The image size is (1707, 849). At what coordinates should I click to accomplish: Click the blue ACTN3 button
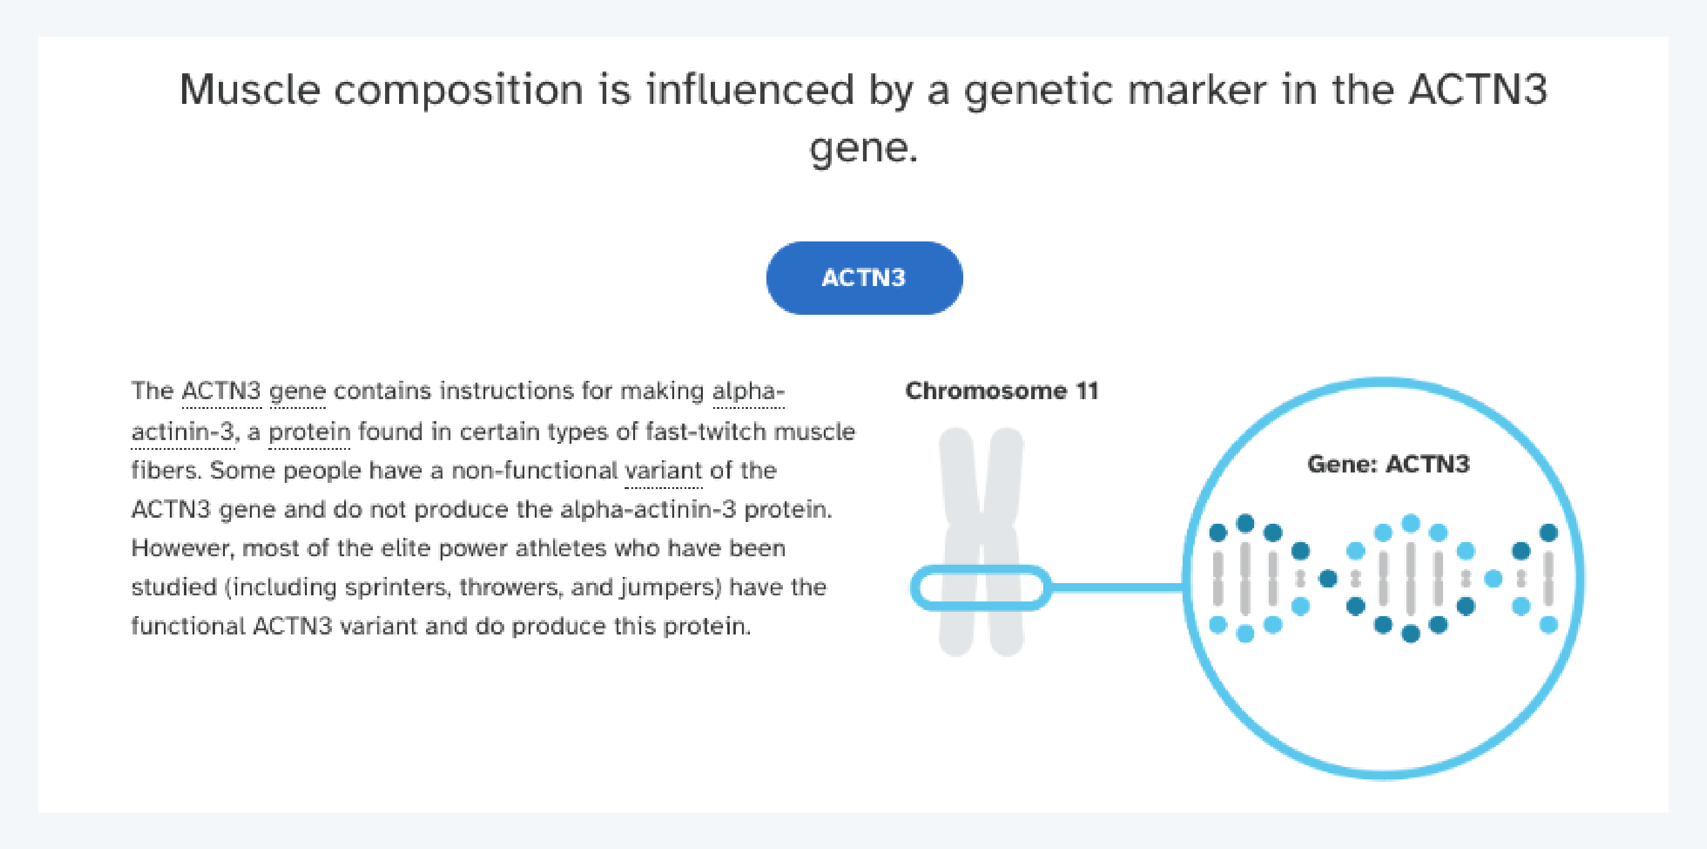click(864, 277)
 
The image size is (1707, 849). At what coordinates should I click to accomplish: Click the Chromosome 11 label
click(1001, 391)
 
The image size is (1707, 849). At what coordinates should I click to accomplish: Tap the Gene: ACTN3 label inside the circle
click(1387, 464)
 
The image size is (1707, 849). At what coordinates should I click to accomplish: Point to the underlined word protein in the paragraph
click(309, 432)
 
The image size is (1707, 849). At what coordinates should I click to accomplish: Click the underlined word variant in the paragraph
click(663, 471)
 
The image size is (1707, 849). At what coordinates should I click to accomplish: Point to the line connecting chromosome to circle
click(1117, 587)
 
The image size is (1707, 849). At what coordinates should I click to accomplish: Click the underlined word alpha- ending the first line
click(748, 391)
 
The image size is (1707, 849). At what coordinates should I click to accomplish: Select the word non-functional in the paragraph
click(534, 471)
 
